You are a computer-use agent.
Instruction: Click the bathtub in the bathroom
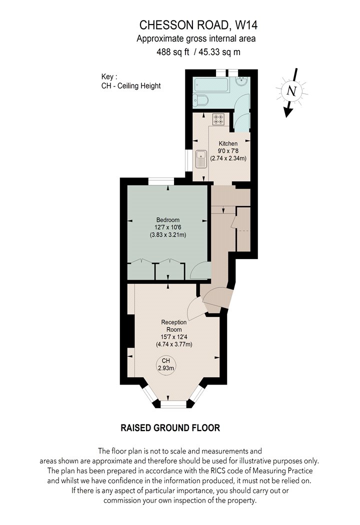(x=211, y=85)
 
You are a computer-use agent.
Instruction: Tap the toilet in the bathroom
(x=200, y=100)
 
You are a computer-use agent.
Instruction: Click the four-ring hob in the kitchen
(x=218, y=119)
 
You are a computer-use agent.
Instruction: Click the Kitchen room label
(x=228, y=143)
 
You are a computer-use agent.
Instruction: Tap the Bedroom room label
(x=168, y=220)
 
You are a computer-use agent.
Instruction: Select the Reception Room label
(x=174, y=326)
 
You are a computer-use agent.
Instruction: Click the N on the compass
(x=292, y=91)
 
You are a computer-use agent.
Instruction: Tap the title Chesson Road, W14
(x=198, y=25)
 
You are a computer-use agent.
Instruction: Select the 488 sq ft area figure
(x=173, y=52)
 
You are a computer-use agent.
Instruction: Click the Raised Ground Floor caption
(x=170, y=427)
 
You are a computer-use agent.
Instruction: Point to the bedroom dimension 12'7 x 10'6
(x=168, y=227)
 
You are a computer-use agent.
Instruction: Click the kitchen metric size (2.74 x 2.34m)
(x=228, y=158)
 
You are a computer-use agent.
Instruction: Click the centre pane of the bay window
(x=173, y=404)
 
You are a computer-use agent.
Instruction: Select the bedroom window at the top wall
(x=161, y=181)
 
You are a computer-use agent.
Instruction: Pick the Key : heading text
(x=109, y=77)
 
